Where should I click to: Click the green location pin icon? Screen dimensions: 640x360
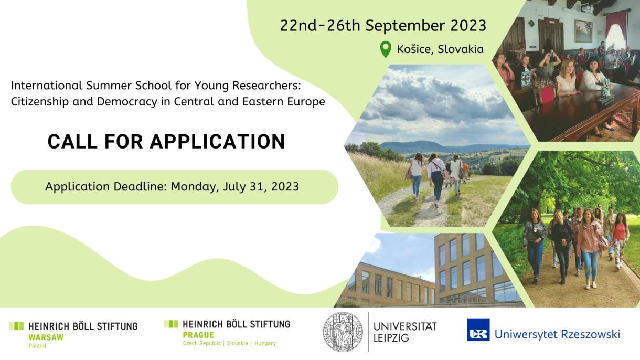386,49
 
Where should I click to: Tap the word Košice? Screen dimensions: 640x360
415,49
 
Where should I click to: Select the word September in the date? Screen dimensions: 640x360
405,26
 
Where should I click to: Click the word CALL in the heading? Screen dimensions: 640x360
72,141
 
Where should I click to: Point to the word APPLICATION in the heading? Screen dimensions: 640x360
218,141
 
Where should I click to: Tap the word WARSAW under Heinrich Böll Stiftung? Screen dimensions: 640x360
46,337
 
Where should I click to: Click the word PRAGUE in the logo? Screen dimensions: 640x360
198,335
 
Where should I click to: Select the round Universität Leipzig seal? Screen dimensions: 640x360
343,332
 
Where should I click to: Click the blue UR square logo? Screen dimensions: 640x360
478,330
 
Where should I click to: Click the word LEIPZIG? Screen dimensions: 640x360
391,338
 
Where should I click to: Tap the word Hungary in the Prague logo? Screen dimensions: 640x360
265,343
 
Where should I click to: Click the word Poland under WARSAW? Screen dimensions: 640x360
37,346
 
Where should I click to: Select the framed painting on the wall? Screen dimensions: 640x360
583,30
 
